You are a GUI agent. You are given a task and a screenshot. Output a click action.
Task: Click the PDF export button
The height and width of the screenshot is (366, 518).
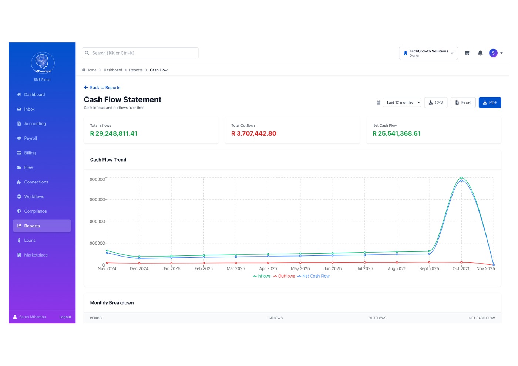tap(490, 102)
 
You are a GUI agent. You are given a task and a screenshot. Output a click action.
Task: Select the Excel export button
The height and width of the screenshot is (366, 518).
tap(463, 102)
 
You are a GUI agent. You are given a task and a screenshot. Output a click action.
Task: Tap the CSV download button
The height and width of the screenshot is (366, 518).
tap(435, 102)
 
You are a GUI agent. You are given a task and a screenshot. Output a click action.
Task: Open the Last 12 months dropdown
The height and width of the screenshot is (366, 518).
tap(402, 102)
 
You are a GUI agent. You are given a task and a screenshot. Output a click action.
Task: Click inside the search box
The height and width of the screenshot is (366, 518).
tap(141, 53)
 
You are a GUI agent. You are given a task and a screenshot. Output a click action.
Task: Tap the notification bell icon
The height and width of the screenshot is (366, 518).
tap(480, 53)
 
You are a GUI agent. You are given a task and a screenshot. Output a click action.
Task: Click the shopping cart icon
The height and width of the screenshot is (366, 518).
tap(467, 53)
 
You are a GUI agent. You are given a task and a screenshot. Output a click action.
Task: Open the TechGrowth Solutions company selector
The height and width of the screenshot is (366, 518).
tap(428, 53)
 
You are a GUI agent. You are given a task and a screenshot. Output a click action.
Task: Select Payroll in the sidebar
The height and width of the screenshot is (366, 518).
tap(30, 138)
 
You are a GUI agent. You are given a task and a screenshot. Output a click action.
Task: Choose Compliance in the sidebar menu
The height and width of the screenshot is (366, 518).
tap(35, 211)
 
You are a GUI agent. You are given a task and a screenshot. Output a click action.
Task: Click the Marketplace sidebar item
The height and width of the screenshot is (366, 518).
tap(36, 255)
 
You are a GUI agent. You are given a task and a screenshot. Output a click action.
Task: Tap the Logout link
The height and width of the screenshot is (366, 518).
tap(65, 317)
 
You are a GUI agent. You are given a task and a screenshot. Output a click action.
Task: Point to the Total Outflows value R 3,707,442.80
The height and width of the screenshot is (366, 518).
tap(254, 133)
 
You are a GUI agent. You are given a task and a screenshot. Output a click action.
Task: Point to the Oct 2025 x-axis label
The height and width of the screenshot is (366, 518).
tap(461, 268)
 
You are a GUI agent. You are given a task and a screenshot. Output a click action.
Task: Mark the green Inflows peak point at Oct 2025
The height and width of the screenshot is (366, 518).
tap(461, 178)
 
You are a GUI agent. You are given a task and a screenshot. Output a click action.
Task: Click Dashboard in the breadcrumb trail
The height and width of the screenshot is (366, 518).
tap(113, 70)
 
